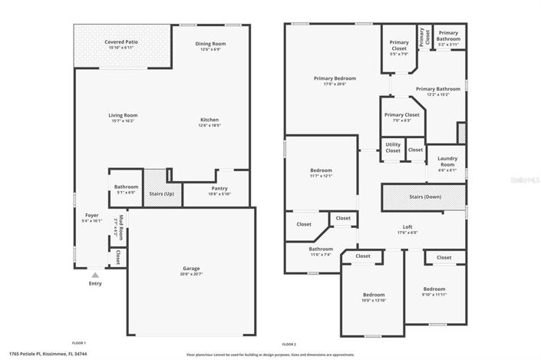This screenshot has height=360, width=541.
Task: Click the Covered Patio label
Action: (122, 41)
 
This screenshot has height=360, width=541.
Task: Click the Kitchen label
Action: (209, 120)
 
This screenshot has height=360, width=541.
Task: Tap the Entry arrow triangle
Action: (95, 273)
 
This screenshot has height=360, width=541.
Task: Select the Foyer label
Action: (91, 215)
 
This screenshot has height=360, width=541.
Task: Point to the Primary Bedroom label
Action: (334, 78)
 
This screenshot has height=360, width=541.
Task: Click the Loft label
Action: (407, 226)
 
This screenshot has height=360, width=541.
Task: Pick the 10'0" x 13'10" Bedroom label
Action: (374, 295)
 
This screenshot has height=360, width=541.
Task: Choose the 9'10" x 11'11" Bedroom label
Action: (434, 289)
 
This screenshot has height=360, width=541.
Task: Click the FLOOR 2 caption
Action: (289, 343)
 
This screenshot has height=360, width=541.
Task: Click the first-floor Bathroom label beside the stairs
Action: (126, 187)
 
